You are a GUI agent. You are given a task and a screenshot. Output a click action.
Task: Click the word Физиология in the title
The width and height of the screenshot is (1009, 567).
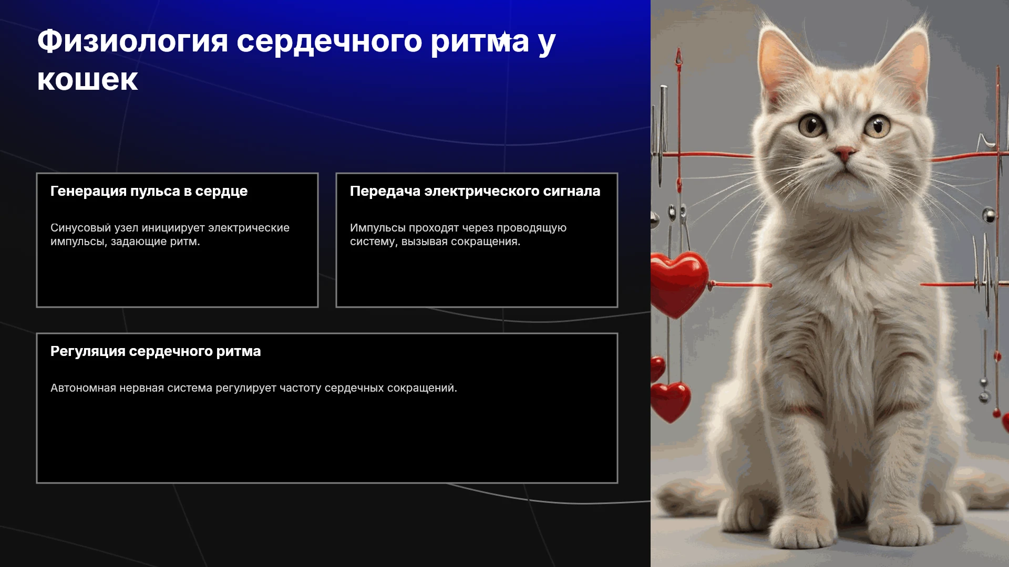tap(132, 41)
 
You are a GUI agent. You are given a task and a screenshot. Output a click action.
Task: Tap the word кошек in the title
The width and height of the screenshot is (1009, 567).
tap(87, 80)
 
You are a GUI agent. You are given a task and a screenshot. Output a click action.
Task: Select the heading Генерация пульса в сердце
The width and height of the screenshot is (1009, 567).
tap(149, 191)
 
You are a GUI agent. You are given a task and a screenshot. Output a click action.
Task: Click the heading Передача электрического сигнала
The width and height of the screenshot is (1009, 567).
tap(475, 191)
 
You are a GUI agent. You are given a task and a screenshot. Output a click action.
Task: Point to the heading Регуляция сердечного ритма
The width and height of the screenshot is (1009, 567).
tap(156, 351)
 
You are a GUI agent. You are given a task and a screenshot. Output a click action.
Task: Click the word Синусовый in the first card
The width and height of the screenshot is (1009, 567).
tap(80, 228)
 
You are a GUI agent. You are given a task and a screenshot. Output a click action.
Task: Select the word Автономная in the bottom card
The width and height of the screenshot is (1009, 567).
tap(83, 388)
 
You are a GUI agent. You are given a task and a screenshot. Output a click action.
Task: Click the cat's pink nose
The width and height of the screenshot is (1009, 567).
tap(845, 153)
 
